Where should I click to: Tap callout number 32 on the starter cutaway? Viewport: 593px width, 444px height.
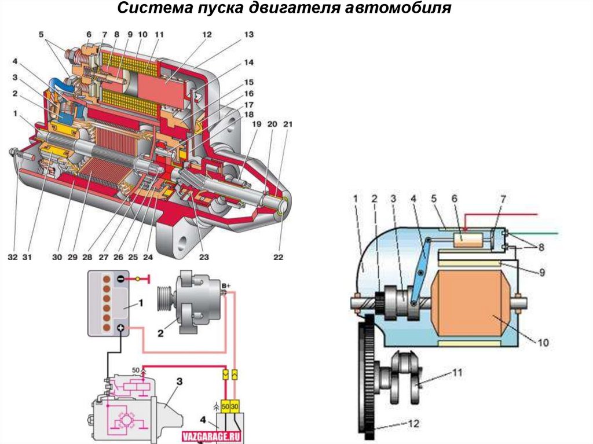[13, 256]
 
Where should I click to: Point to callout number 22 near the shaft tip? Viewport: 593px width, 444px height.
[279, 256]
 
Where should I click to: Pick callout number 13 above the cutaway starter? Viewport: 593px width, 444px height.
[248, 35]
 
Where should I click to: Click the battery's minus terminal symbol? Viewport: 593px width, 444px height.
[119, 278]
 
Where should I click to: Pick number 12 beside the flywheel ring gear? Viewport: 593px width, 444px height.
[413, 424]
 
